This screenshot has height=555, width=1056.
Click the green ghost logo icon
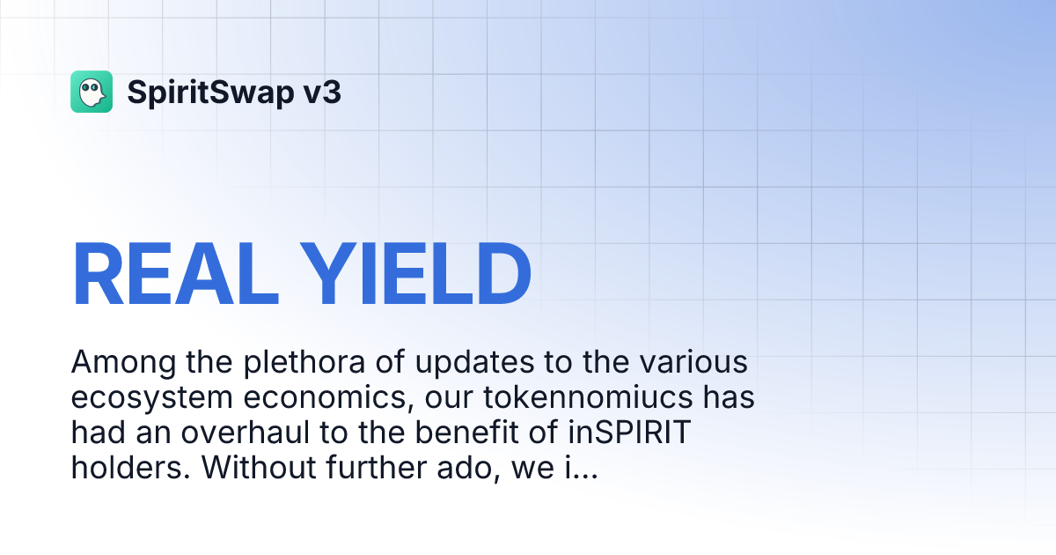[92, 92]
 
